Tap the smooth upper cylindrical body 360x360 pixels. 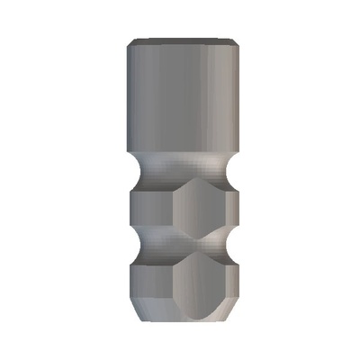[x=180, y=99]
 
